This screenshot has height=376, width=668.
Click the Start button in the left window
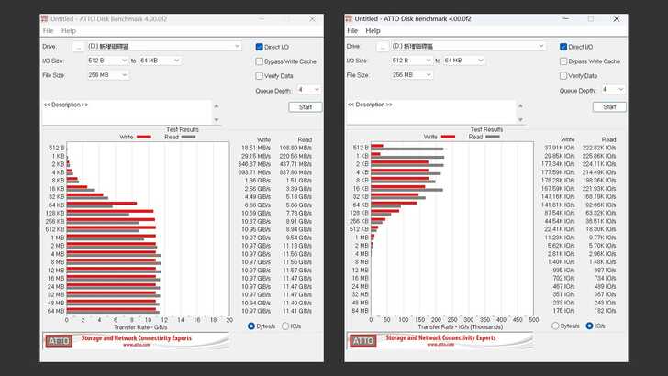(306, 106)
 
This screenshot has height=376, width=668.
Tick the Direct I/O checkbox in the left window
(260, 47)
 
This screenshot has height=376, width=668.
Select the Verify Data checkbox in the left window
(260, 75)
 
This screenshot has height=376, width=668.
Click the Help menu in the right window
(373, 30)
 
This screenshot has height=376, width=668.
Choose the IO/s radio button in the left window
(284, 326)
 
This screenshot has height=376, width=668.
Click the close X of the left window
(311, 17)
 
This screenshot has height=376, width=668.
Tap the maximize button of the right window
(590, 17)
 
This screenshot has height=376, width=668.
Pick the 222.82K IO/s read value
(605, 147)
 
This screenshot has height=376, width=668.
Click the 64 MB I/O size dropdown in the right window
(465, 61)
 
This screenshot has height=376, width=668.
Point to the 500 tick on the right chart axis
(534, 319)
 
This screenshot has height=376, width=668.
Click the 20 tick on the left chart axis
(228, 319)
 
